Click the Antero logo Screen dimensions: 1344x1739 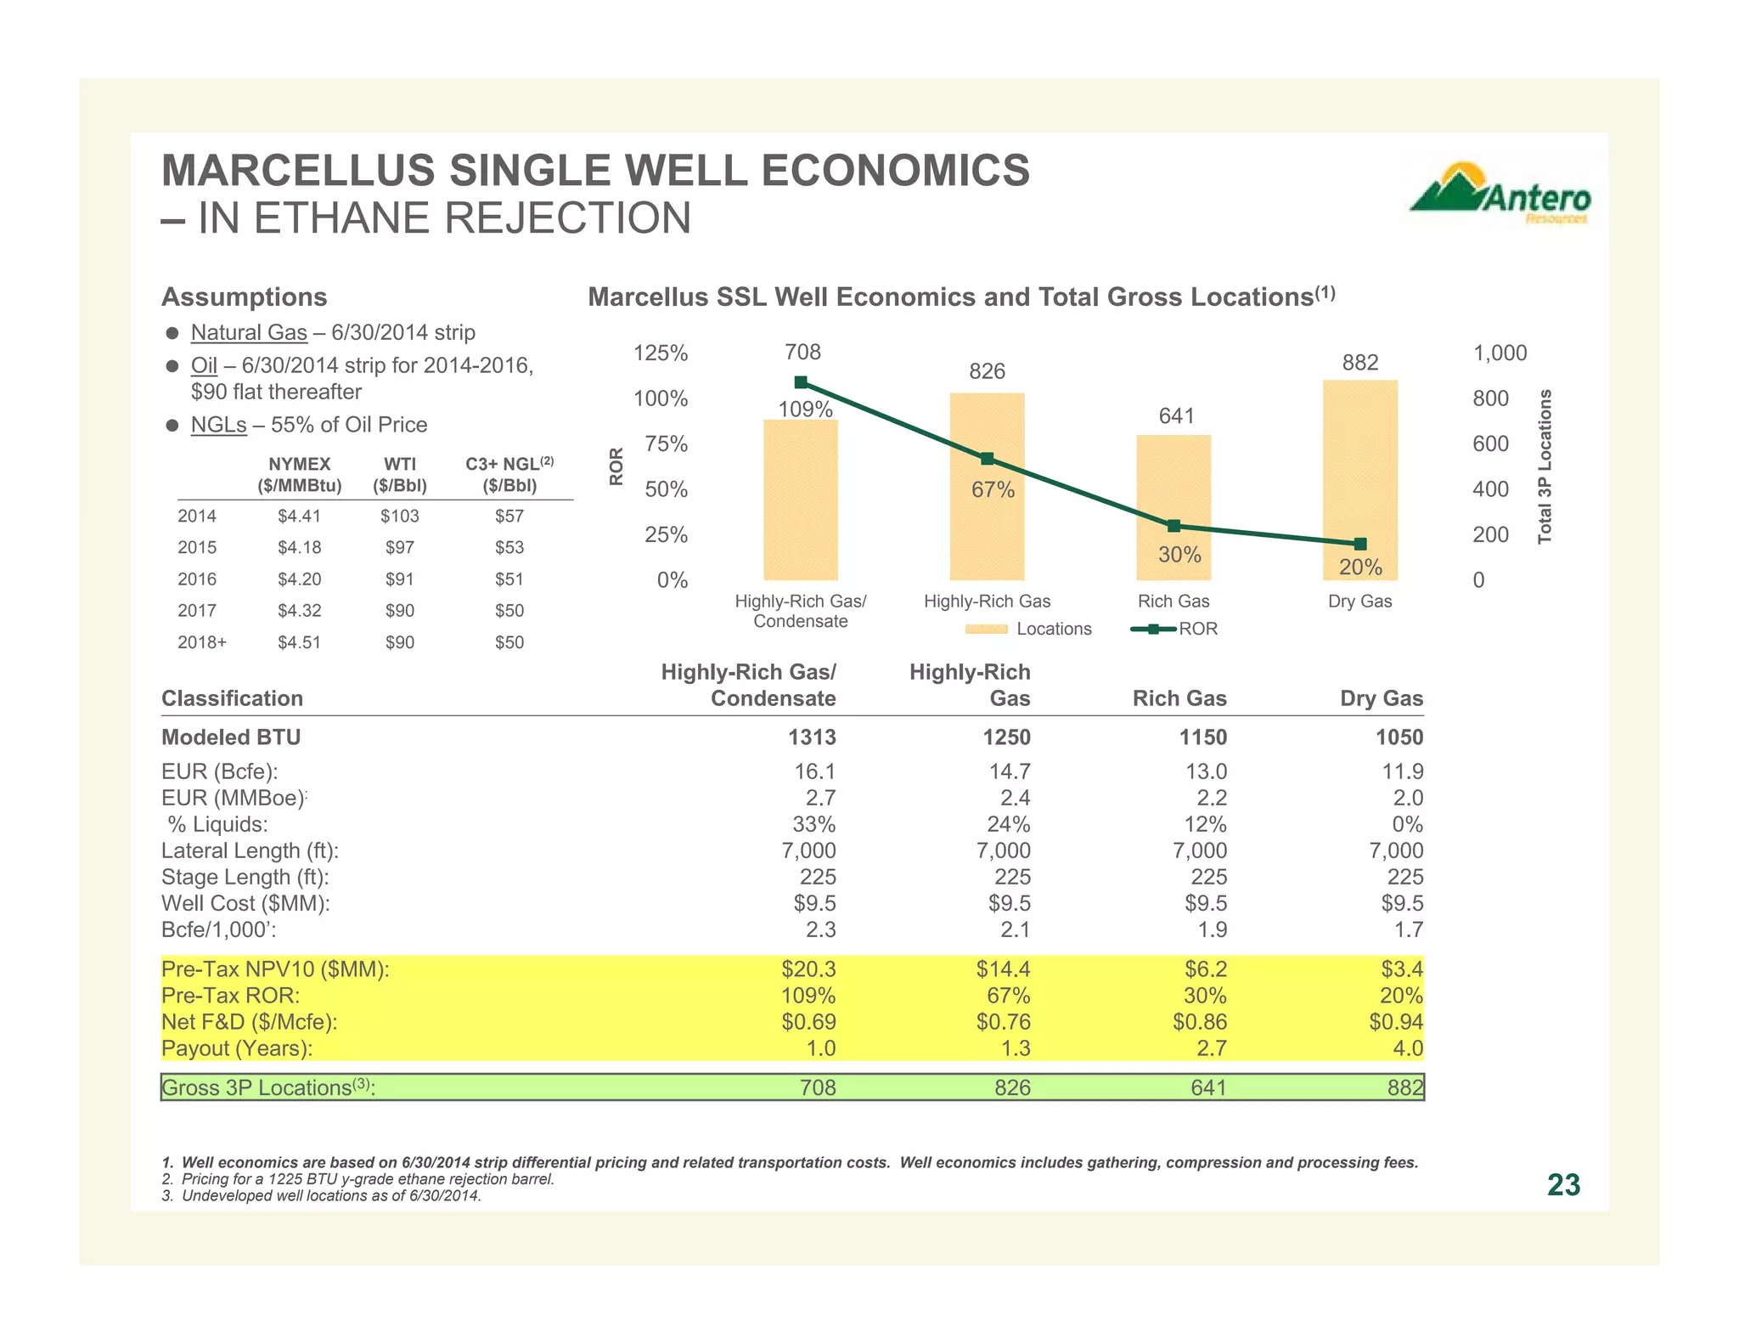coord(1500,194)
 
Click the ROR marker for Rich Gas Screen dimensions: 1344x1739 coord(1173,526)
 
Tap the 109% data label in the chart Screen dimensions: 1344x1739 coord(805,409)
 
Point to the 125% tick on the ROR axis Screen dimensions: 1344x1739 coord(661,353)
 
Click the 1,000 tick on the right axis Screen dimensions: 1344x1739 coord(1500,353)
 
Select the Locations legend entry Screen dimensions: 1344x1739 coord(1028,629)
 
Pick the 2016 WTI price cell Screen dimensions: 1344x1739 coord(399,579)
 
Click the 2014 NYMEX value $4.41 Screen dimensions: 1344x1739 coord(299,516)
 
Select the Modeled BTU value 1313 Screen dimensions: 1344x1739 coord(812,737)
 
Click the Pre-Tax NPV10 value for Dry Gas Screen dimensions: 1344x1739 coord(1402,968)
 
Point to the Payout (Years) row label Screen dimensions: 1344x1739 coord(237,1048)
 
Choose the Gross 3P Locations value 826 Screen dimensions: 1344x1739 coord(1012,1087)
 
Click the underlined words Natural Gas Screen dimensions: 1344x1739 coord(249,332)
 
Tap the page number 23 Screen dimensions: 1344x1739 coord(1563,1184)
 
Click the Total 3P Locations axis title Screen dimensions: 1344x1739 coord(1545,466)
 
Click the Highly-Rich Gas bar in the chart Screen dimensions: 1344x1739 coord(987,510)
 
